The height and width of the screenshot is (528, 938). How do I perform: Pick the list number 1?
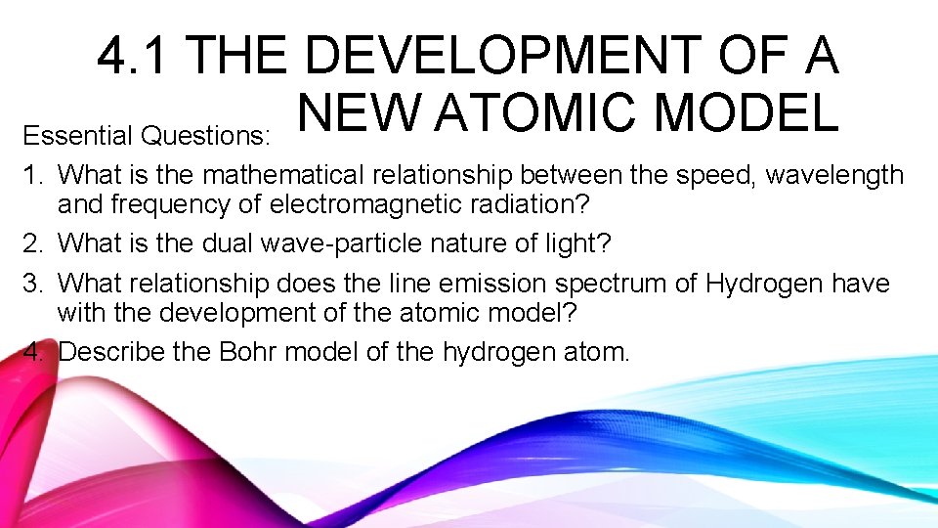[x=34, y=176]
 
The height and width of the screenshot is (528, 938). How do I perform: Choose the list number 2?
[x=34, y=244]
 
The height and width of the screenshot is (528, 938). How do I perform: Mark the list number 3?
[x=34, y=285]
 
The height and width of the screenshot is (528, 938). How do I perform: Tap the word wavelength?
[x=834, y=176]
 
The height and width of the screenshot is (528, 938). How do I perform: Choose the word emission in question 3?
[x=489, y=285]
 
